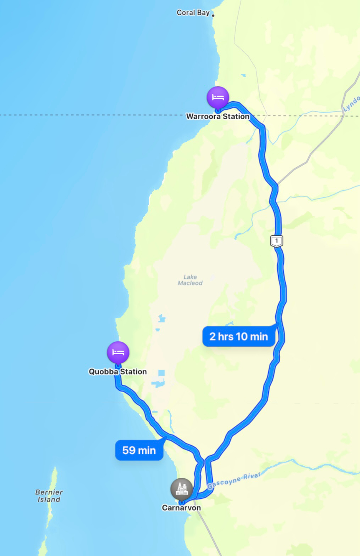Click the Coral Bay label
point(193,13)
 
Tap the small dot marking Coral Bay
point(213,15)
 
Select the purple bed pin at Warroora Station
point(218,97)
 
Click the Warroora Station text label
point(218,116)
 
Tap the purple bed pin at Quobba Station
point(118,352)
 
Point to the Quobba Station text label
point(118,372)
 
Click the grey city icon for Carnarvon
point(181,489)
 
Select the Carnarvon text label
point(181,508)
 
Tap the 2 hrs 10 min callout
point(239,336)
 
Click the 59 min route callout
point(139,450)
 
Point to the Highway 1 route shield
point(277,241)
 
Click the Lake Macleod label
point(190,280)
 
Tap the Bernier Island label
point(49,496)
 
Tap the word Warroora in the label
point(203,116)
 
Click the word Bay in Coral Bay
point(203,13)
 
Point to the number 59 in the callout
point(129,450)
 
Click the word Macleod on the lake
point(190,283)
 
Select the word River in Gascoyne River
point(252,476)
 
